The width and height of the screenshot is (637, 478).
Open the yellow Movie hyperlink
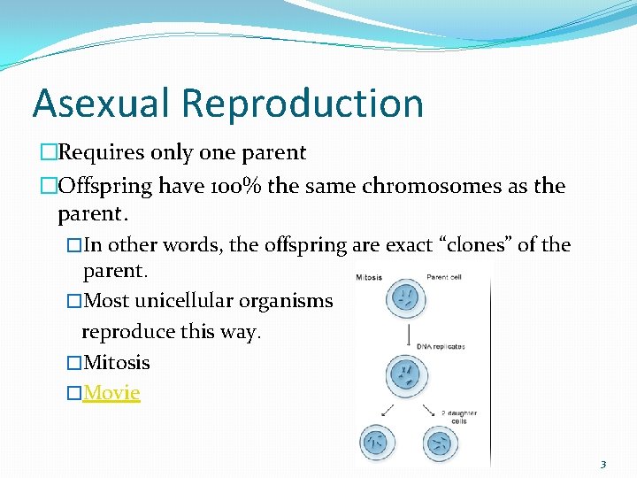111,392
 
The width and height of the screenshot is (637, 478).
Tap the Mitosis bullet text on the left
116,362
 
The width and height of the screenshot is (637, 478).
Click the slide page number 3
603,464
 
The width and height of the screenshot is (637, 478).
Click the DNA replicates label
442,346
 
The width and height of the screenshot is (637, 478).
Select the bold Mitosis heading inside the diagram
370,276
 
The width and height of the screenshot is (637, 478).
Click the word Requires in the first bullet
98,152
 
